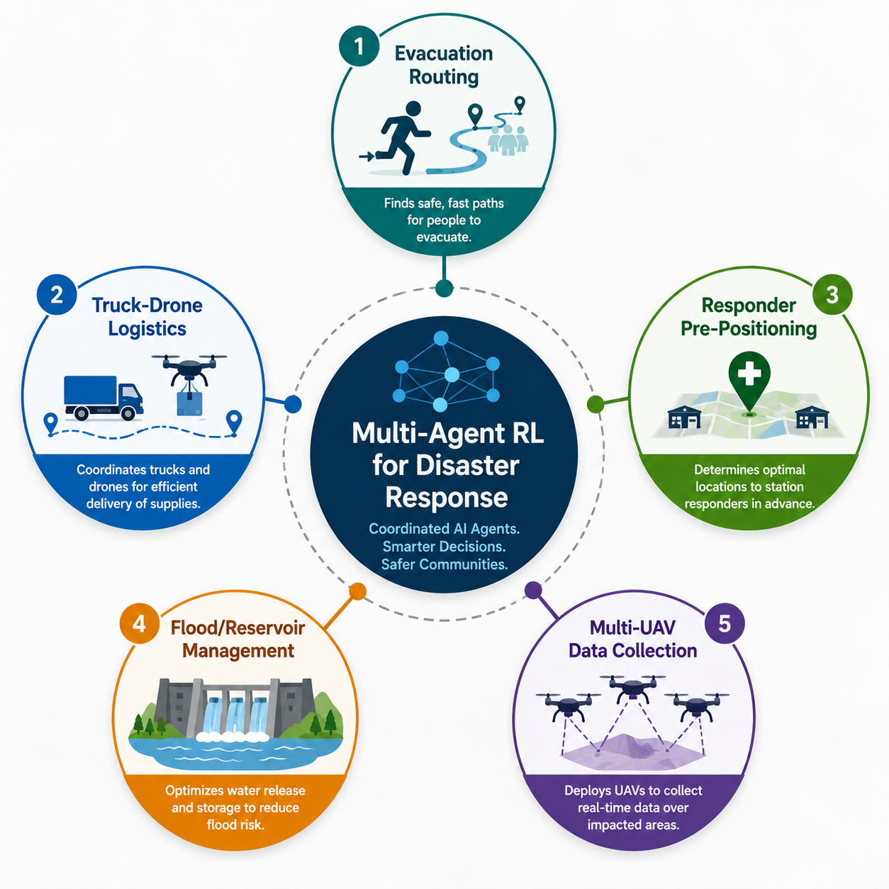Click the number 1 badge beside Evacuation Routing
tap(359, 45)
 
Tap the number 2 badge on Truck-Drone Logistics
tap(57, 294)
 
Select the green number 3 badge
tap(832, 294)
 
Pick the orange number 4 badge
tap(140, 624)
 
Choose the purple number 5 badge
tap(725, 624)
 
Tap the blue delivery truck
tap(104, 398)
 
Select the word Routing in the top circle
tap(444, 77)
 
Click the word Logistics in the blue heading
tap(147, 328)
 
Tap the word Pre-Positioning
tap(749, 328)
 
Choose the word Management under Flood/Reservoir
tap(238, 651)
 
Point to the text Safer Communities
tap(445, 564)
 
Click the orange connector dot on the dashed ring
tap(357, 591)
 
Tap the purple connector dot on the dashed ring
tap(533, 590)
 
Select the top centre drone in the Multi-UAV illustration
tap(632, 686)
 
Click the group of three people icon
tap(508, 140)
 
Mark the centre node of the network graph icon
tap(452, 374)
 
